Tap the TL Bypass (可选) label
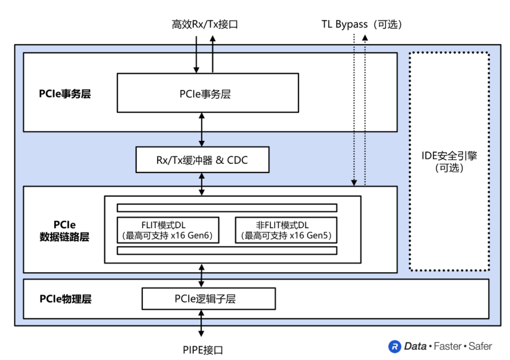[x=361, y=24]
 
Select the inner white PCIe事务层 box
[x=208, y=93]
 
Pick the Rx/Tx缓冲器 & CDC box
[x=202, y=160]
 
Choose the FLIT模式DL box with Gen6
[x=168, y=230]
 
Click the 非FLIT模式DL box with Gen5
[x=286, y=230]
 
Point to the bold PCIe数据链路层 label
[x=65, y=231]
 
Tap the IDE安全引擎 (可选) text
[x=449, y=162]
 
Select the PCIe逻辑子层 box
[x=209, y=299]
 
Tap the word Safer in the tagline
[x=480, y=346]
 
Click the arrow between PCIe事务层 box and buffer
[x=202, y=130]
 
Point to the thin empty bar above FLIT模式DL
[x=227, y=208]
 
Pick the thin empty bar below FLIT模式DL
[x=227, y=251]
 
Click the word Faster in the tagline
[x=448, y=346]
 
